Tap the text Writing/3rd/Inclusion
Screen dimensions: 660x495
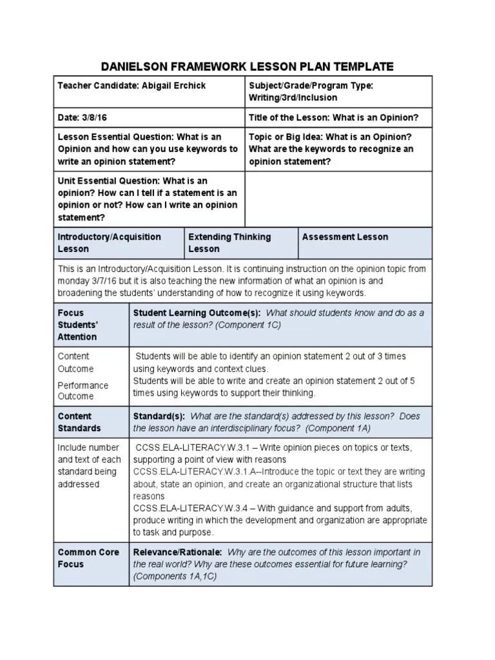click(x=293, y=98)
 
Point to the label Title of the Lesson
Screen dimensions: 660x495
click(x=289, y=117)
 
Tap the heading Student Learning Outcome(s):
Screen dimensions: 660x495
click(x=197, y=313)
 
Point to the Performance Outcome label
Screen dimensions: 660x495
click(x=83, y=391)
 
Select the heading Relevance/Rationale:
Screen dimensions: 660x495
click(x=177, y=552)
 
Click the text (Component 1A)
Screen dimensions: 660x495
click(x=338, y=428)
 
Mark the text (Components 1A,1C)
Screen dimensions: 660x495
click(x=175, y=577)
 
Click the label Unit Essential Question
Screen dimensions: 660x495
click(x=108, y=181)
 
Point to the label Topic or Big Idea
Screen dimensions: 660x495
click(x=286, y=137)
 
